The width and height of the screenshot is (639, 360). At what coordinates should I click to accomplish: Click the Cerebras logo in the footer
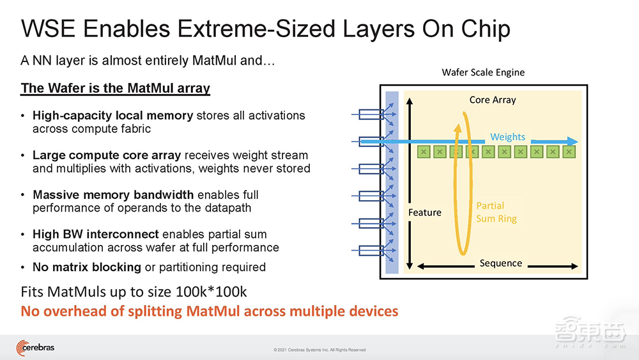pyautogui.click(x=35, y=348)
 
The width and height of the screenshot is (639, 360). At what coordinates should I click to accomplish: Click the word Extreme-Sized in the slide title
pyautogui.click(x=256, y=29)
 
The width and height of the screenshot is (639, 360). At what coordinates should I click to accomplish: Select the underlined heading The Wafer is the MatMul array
pyautogui.click(x=115, y=88)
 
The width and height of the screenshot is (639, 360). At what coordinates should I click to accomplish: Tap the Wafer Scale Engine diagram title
pyautogui.click(x=483, y=72)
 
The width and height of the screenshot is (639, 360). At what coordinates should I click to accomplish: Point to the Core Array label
pyautogui.click(x=493, y=100)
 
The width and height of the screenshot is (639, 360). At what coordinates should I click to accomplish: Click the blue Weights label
pyautogui.click(x=507, y=137)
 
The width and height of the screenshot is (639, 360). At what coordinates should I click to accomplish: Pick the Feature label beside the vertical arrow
pyautogui.click(x=425, y=212)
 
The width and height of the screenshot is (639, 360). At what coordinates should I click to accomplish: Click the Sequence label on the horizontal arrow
pyautogui.click(x=500, y=263)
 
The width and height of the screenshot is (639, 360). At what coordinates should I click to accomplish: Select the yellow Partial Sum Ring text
pyautogui.click(x=497, y=212)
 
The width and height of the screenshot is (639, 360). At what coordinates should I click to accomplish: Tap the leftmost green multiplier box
pyautogui.click(x=424, y=152)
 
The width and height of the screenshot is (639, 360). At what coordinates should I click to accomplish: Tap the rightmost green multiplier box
pyautogui.click(x=569, y=152)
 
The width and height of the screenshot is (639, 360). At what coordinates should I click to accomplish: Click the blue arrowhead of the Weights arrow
pyautogui.click(x=572, y=141)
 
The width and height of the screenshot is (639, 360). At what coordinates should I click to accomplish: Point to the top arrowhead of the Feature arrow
pyautogui.click(x=410, y=100)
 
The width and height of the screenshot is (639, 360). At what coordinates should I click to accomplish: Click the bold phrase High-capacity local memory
pyautogui.click(x=113, y=116)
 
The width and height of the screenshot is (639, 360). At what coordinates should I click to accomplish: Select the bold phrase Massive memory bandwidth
pyautogui.click(x=113, y=195)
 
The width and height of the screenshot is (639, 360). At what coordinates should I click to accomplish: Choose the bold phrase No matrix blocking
pyautogui.click(x=87, y=267)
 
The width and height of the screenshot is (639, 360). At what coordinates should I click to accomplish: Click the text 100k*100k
pyautogui.click(x=211, y=292)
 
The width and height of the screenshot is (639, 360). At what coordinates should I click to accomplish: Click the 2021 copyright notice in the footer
pyautogui.click(x=319, y=350)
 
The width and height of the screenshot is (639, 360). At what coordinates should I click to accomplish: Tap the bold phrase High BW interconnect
pyautogui.click(x=96, y=235)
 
